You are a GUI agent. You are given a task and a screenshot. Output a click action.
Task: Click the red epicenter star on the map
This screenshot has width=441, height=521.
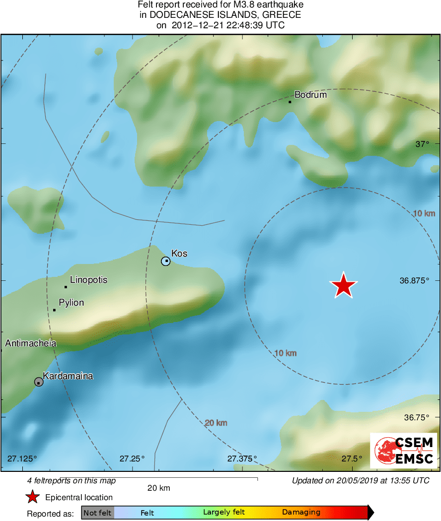click(343, 286)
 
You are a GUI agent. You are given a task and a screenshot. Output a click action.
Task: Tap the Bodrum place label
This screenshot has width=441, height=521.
click(310, 94)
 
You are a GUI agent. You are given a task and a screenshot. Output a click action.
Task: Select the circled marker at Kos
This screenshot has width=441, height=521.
click(166, 261)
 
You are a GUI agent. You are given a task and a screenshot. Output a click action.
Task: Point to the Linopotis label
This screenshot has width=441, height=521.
click(88, 280)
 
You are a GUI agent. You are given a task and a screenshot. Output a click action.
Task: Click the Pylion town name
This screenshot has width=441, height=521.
click(71, 303)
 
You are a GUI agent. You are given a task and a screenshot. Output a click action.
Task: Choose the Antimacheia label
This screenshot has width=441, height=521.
click(31, 343)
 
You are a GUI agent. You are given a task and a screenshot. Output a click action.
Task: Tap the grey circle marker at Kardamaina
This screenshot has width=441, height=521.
click(39, 382)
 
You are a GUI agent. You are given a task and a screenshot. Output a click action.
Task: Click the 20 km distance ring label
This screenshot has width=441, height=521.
click(216, 423)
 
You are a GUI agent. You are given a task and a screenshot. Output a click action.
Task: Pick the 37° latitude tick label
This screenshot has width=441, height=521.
click(422, 144)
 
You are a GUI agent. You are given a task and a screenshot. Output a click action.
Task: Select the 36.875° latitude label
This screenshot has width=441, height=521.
click(414, 280)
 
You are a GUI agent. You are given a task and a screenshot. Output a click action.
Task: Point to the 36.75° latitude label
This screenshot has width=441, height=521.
click(416, 417)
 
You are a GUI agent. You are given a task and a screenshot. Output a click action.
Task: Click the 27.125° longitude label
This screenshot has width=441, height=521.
click(22, 458)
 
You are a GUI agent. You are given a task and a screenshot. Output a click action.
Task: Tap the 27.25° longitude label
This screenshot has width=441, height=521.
click(132, 458)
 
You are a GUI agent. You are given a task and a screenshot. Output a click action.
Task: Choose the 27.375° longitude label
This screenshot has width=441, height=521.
click(242, 458)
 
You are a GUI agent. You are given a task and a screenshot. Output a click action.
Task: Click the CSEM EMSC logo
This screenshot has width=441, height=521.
click(404, 451)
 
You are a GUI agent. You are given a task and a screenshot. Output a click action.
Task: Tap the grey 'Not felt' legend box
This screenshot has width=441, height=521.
click(98, 513)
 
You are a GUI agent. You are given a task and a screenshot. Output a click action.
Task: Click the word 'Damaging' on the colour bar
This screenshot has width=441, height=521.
click(301, 513)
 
